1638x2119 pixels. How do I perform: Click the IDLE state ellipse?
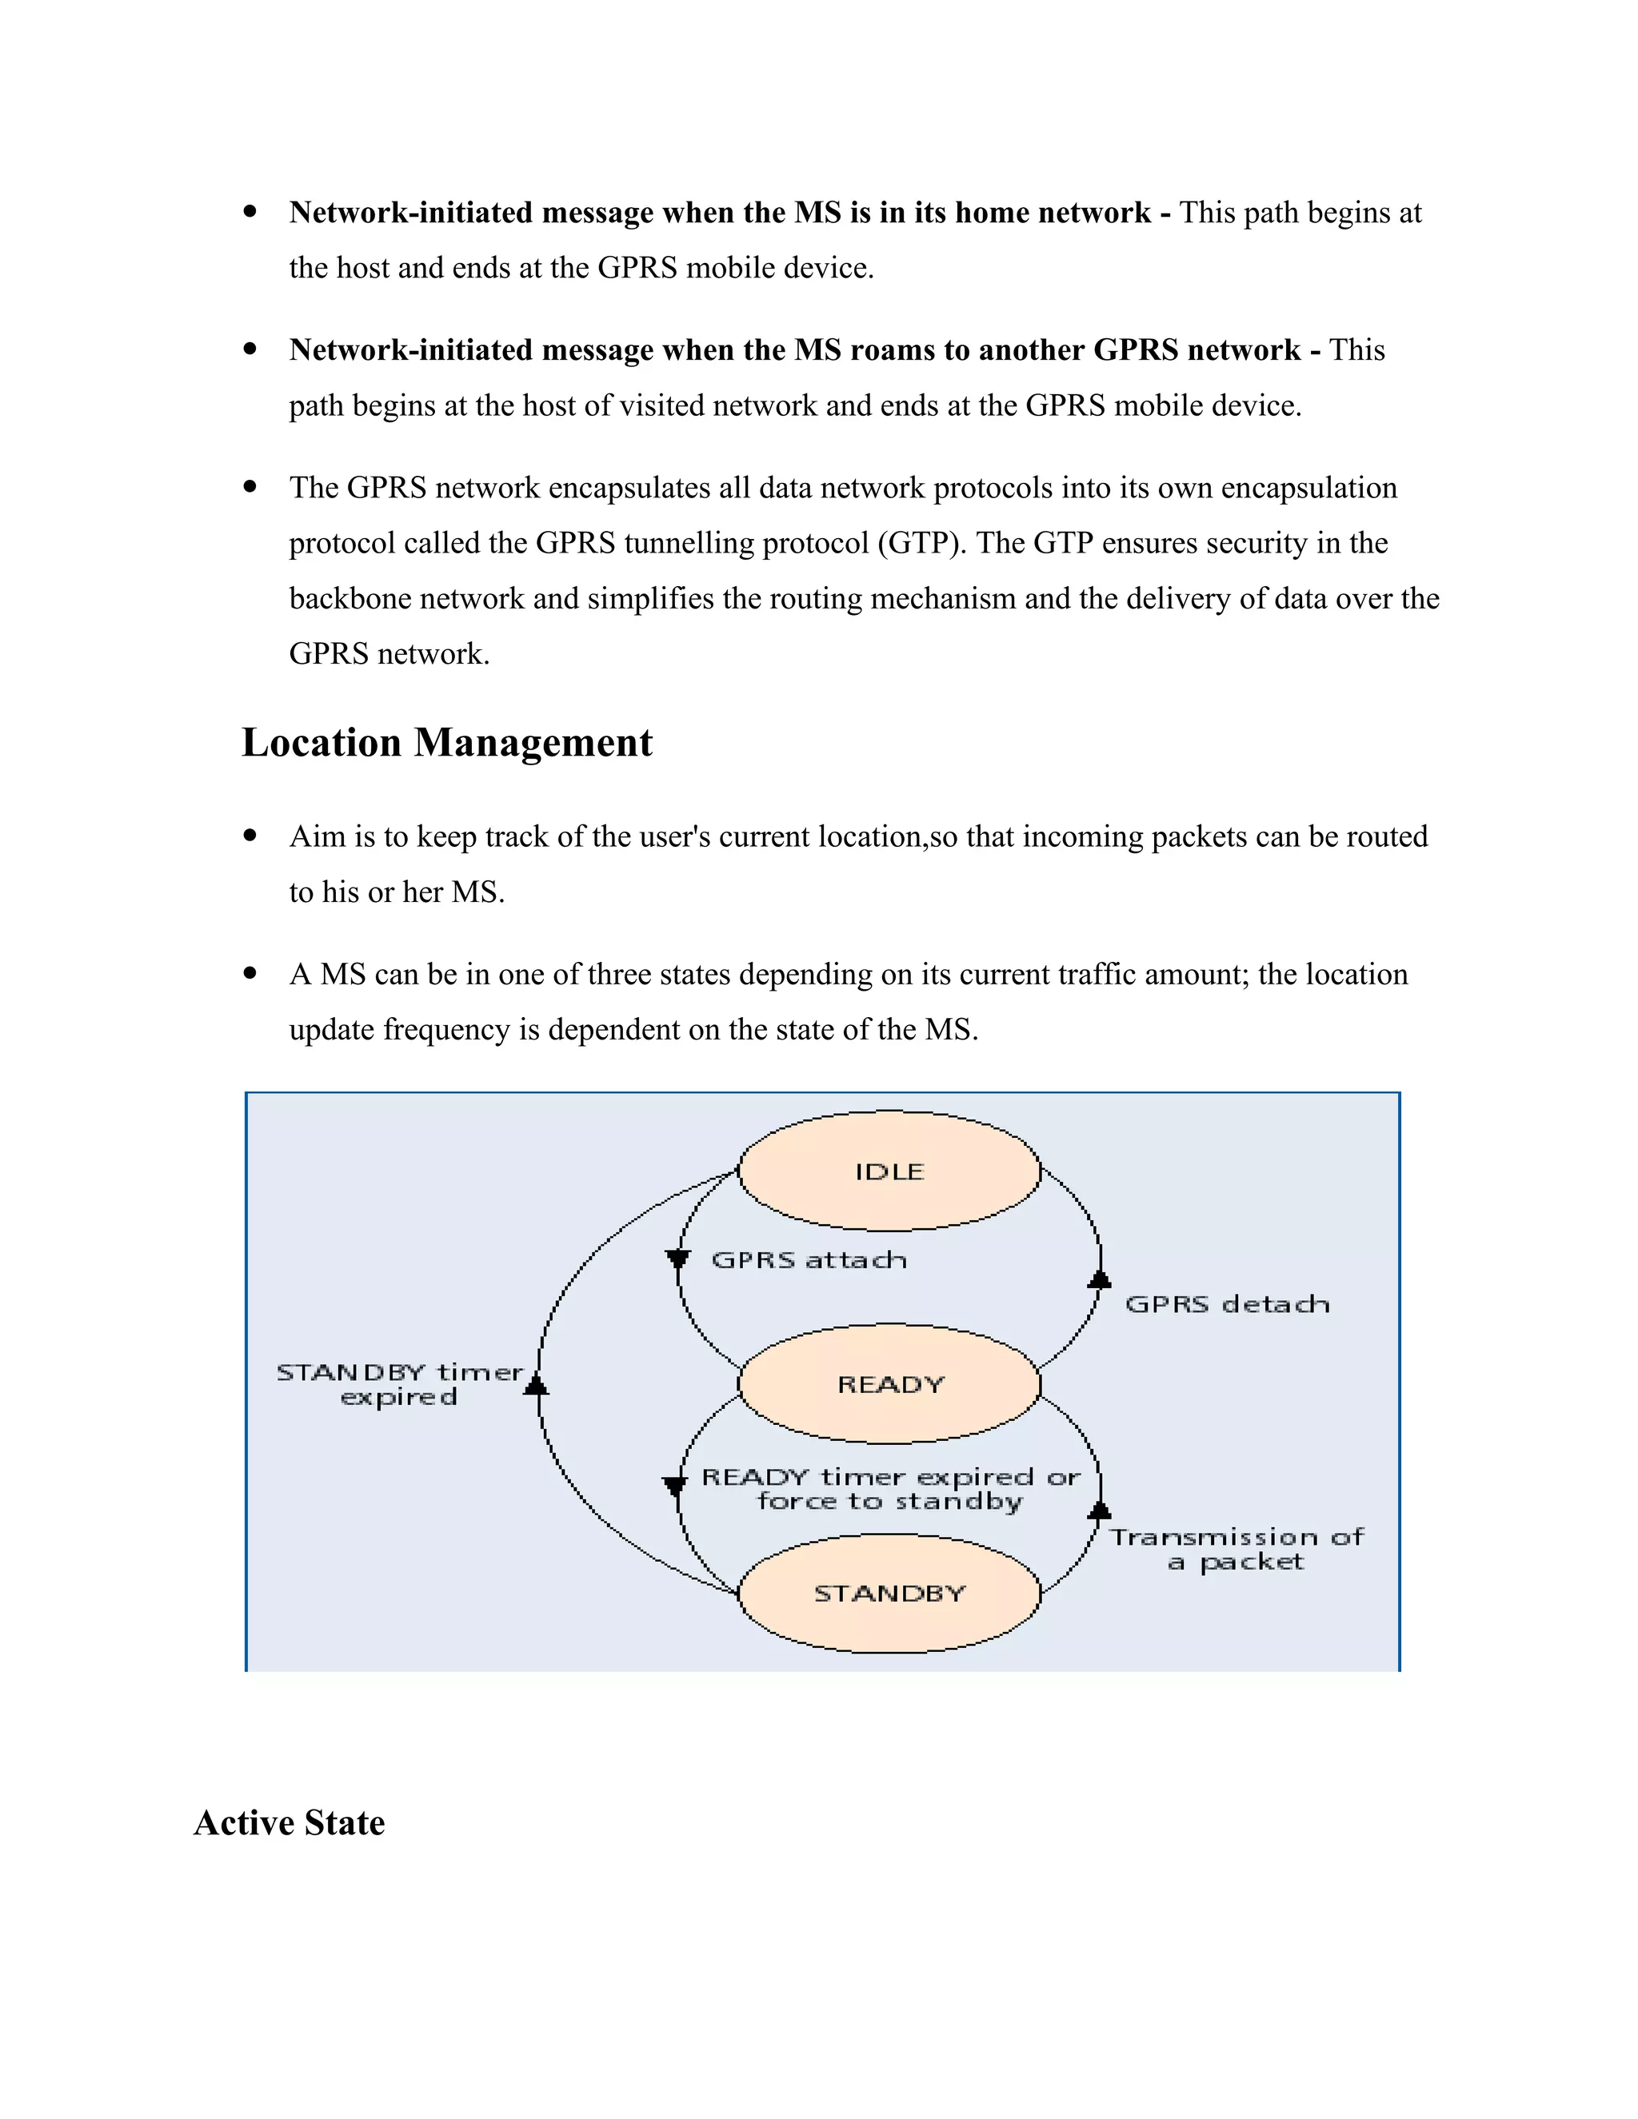pyautogui.click(x=889, y=1171)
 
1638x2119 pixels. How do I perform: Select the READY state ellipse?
pyautogui.click(x=889, y=1383)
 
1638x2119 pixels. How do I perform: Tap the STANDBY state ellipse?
pyautogui.click(x=889, y=1593)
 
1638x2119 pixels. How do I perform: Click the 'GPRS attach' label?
pyautogui.click(x=809, y=1260)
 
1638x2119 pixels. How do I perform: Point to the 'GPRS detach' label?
pyautogui.click(x=1227, y=1304)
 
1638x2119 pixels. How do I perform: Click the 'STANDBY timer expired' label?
pyautogui.click(x=399, y=1384)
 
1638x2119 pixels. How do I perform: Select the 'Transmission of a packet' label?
pyautogui.click(x=1236, y=1550)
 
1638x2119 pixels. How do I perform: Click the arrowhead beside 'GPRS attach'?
pyautogui.click(x=677, y=1259)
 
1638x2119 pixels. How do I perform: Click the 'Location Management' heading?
pyautogui.click(x=446, y=743)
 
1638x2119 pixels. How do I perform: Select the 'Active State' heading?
pyautogui.click(x=290, y=1823)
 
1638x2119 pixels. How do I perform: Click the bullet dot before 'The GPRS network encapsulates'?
pyautogui.click(x=250, y=487)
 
